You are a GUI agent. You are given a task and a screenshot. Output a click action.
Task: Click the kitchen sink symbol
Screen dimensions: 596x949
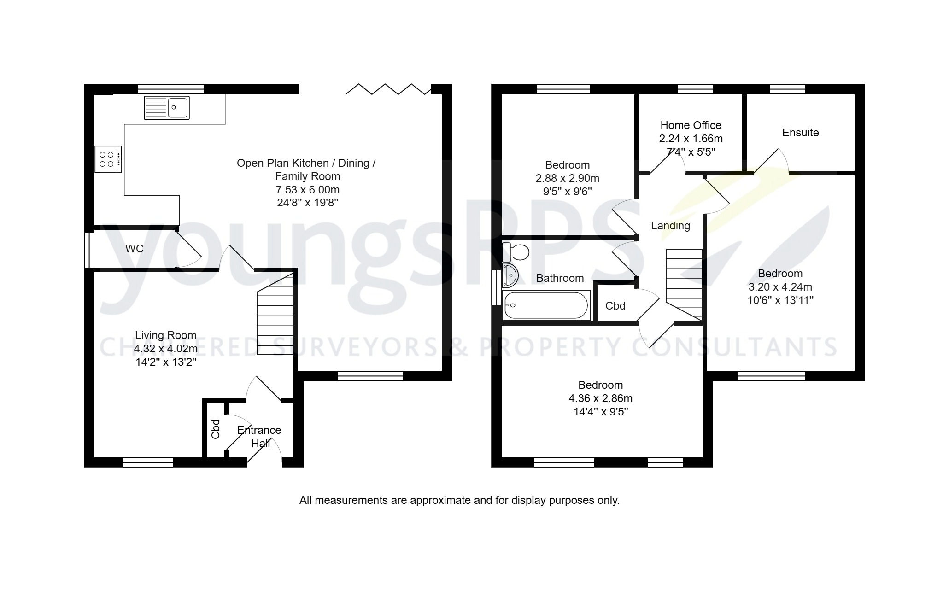click(166, 108)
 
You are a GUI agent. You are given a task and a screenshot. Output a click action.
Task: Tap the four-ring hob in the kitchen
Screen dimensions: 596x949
click(108, 159)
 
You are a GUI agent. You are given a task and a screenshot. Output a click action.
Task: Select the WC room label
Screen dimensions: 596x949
click(135, 249)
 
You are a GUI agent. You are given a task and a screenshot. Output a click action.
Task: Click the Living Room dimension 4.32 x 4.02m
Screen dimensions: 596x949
click(166, 349)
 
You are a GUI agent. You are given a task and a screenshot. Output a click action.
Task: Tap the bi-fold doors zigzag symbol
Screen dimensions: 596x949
click(388, 89)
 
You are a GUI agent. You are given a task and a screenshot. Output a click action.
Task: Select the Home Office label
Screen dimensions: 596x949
click(691, 125)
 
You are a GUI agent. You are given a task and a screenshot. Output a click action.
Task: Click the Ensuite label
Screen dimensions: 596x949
click(800, 133)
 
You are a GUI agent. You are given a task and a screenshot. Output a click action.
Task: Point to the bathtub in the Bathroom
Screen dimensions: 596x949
click(546, 305)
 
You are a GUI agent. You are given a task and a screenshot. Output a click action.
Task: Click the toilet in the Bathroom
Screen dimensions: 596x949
click(516, 252)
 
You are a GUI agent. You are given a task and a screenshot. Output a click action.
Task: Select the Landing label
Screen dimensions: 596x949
click(670, 226)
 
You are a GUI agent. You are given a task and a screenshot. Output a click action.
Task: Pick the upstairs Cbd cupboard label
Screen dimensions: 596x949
click(615, 306)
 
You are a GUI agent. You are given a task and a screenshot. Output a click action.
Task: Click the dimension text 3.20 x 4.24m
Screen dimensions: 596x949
click(780, 287)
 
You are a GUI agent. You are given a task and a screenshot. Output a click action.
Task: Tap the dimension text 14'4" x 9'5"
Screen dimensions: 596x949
click(601, 412)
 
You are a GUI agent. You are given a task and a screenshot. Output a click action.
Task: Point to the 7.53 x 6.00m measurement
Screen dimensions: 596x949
click(307, 190)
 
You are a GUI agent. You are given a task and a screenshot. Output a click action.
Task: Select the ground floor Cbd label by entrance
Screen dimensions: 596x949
click(216, 429)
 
